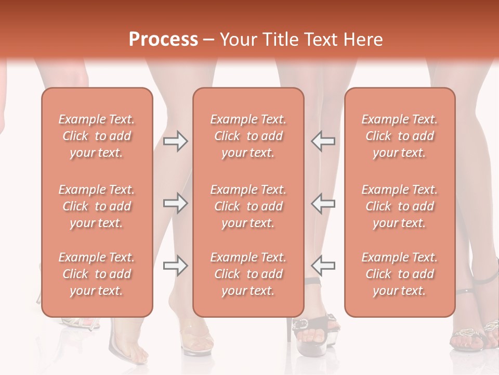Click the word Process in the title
[163, 40]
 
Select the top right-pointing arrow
[175, 141]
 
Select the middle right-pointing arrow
[175, 203]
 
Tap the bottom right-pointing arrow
[175, 266]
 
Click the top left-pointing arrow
[323, 141]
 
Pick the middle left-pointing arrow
[323, 203]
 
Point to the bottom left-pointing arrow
[323, 266]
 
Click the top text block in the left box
[97, 136]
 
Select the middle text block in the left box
[97, 206]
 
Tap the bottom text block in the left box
[97, 274]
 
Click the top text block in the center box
[248, 136]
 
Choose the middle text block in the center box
[248, 206]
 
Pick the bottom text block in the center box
[248, 274]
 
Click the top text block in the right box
[399, 136]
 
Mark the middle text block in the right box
[399, 206]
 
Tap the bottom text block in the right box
[399, 274]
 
